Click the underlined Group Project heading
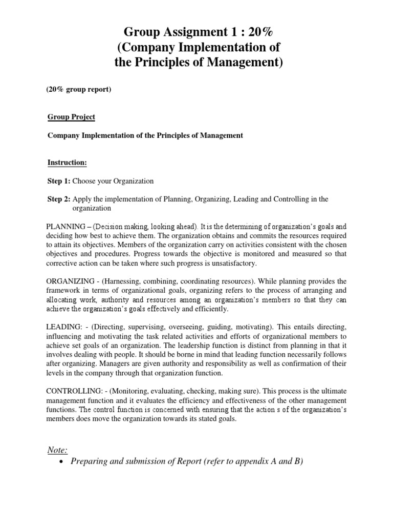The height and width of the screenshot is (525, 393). [71, 117]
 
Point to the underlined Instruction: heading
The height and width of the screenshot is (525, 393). [67, 163]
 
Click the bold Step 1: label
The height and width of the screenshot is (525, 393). [59, 181]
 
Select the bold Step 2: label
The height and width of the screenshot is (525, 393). [59, 199]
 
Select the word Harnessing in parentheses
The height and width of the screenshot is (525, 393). [128, 281]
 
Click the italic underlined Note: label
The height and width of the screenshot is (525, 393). [57, 450]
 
